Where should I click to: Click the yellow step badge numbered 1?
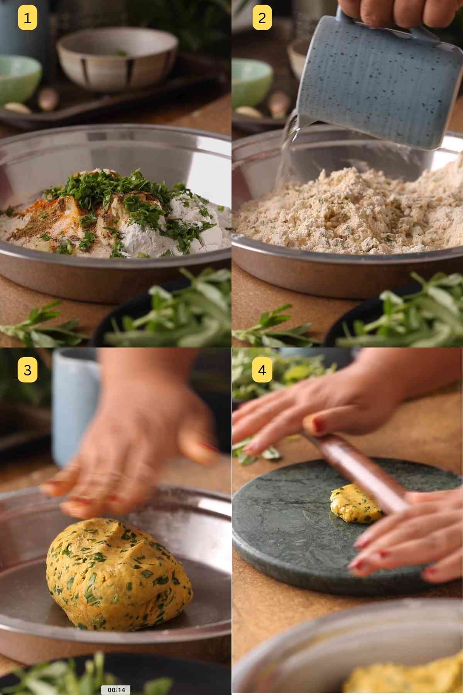pyautogui.click(x=27, y=18)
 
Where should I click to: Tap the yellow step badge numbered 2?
pyautogui.click(x=262, y=18)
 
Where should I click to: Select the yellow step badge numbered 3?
pyautogui.click(x=27, y=370)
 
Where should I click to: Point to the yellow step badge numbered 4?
pyautogui.click(x=262, y=370)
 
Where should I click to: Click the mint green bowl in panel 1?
pyautogui.click(x=17, y=77)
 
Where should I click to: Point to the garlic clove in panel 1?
pyautogui.click(x=17, y=108)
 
